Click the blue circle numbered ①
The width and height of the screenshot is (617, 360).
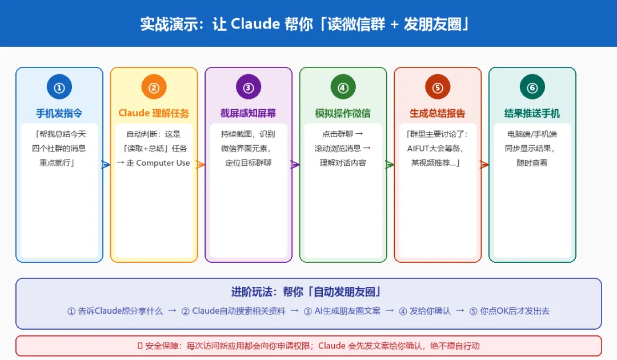click(59, 87)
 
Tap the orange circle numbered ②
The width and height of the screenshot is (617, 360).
click(154, 87)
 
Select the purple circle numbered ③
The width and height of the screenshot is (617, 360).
click(249, 87)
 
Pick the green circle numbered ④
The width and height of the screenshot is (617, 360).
click(343, 87)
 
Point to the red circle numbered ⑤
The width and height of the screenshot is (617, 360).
click(438, 87)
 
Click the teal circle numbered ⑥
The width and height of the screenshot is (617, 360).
click(532, 87)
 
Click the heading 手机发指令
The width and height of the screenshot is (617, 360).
click(59, 113)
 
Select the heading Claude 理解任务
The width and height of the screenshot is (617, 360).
click(154, 113)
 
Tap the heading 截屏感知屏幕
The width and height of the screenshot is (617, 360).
click(249, 113)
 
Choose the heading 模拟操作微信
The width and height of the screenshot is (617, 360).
click(343, 113)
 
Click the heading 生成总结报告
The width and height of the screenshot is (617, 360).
click(438, 113)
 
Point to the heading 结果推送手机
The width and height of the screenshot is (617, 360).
click(532, 113)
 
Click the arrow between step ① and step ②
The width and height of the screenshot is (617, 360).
click(106, 165)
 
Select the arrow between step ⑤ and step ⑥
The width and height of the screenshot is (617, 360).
click(484, 165)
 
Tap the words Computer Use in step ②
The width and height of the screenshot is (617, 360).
click(163, 163)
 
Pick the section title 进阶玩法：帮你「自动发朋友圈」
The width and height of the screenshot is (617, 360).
click(308, 292)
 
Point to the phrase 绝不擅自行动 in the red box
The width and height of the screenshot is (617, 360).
click(461, 346)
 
